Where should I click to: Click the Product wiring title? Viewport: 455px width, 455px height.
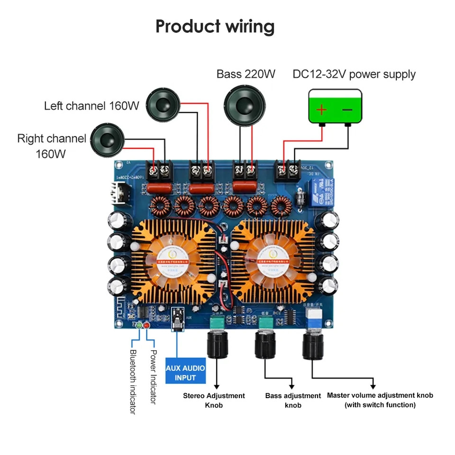(x=215, y=27)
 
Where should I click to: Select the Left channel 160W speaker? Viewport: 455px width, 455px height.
(x=164, y=105)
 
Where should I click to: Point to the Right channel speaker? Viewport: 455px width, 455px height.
(x=108, y=139)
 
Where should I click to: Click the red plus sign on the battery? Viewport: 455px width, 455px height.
(x=321, y=110)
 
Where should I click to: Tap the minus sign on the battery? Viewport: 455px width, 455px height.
(x=347, y=110)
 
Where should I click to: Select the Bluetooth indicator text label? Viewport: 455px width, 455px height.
(x=133, y=382)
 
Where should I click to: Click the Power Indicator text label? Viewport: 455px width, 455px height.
(x=153, y=377)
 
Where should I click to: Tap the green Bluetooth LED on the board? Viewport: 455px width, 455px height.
(x=138, y=325)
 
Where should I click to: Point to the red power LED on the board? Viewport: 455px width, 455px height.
(x=146, y=325)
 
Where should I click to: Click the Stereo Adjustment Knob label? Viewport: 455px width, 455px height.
(x=214, y=400)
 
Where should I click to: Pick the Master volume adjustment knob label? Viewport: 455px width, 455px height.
(x=380, y=400)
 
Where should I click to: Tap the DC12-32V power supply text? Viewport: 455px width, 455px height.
(x=354, y=74)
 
